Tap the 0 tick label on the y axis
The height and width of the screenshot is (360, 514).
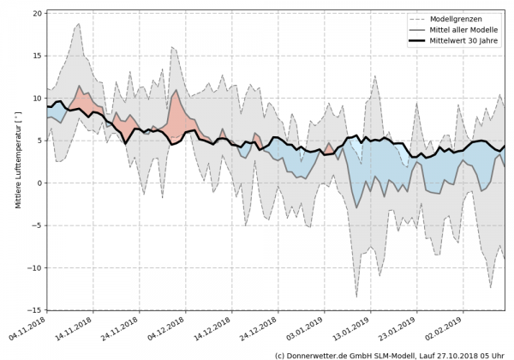coord(37,183)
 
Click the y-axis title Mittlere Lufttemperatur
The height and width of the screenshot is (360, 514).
coord(16,160)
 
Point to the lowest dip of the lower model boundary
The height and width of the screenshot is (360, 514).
coord(356,297)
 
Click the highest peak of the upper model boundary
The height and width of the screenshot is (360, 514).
coord(79,24)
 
